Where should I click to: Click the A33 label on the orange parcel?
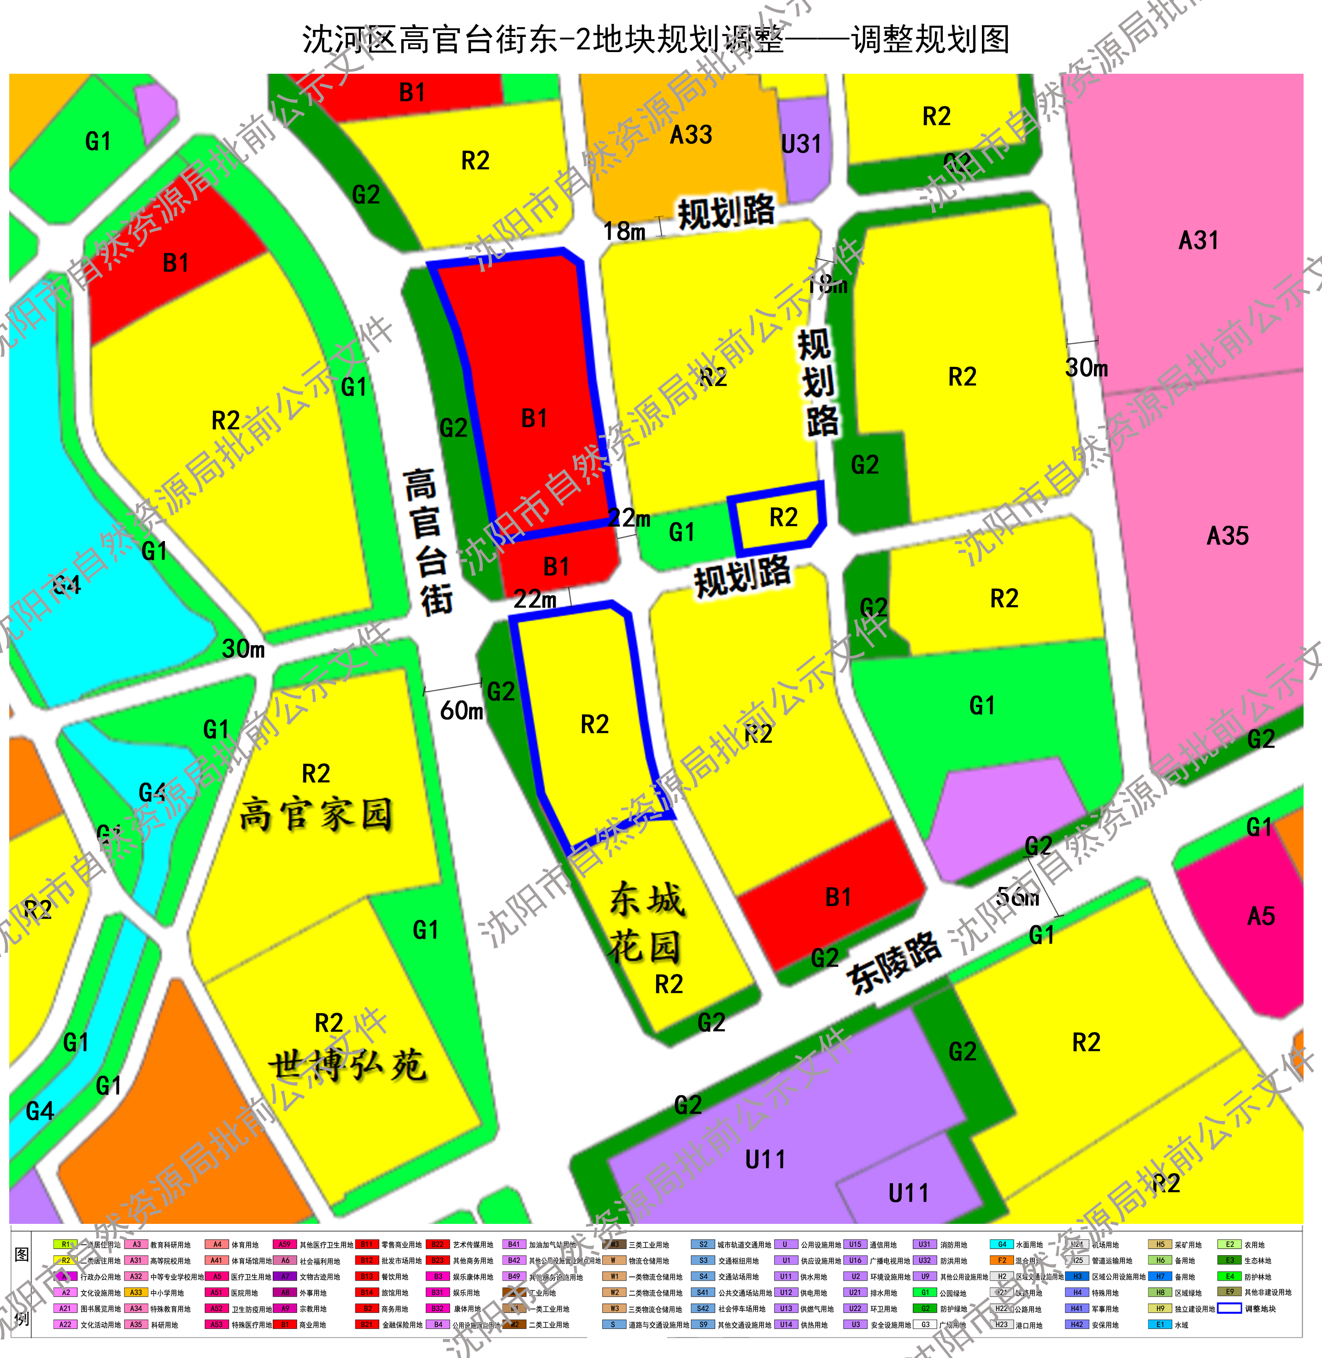(x=691, y=135)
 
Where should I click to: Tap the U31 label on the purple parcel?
(x=801, y=144)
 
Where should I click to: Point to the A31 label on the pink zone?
(x=1199, y=240)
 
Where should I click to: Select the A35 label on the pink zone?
(x=1228, y=536)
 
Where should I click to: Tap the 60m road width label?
(x=462, y=711)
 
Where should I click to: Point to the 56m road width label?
(x=1018, y=897)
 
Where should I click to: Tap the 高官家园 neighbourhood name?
(x=316, y=814)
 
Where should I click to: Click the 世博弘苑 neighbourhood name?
(x=347, y=1065)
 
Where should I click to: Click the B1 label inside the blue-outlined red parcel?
(x=534, y=418)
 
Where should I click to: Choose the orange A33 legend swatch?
(x=136, y=1293)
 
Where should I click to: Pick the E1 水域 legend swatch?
(x=1160, y=1325)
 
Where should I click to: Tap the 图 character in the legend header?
(x=22, y=1254)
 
